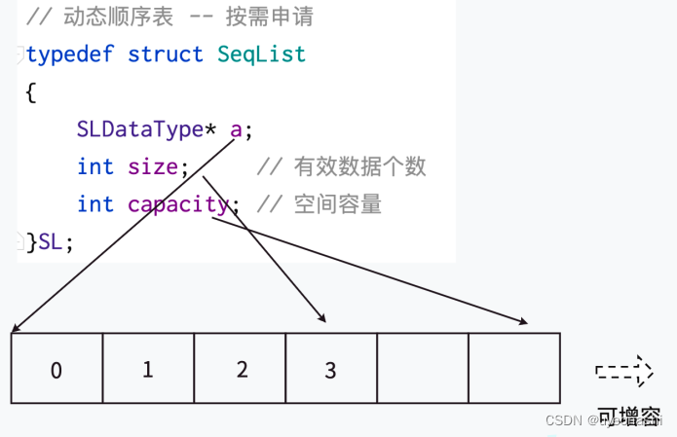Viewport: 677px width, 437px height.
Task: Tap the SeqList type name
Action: [261, 54]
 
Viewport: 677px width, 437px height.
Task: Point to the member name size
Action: [152, 166]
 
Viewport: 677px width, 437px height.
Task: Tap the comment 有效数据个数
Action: [360, 166]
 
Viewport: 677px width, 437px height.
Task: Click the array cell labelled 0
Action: [56, 369]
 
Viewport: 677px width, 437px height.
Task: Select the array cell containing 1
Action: [148, 369]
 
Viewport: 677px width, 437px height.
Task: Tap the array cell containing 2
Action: [241, 369]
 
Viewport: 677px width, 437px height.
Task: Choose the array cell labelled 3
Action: [331, 369]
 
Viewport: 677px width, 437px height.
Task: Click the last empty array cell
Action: [514, 368]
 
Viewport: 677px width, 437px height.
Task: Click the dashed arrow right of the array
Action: [623, 371]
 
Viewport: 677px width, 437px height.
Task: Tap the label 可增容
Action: [628, 417]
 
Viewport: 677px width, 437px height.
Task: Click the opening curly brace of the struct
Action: [30, 91]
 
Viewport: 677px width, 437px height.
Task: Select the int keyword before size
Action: [95, 166]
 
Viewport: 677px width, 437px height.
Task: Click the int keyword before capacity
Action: [95, 204]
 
